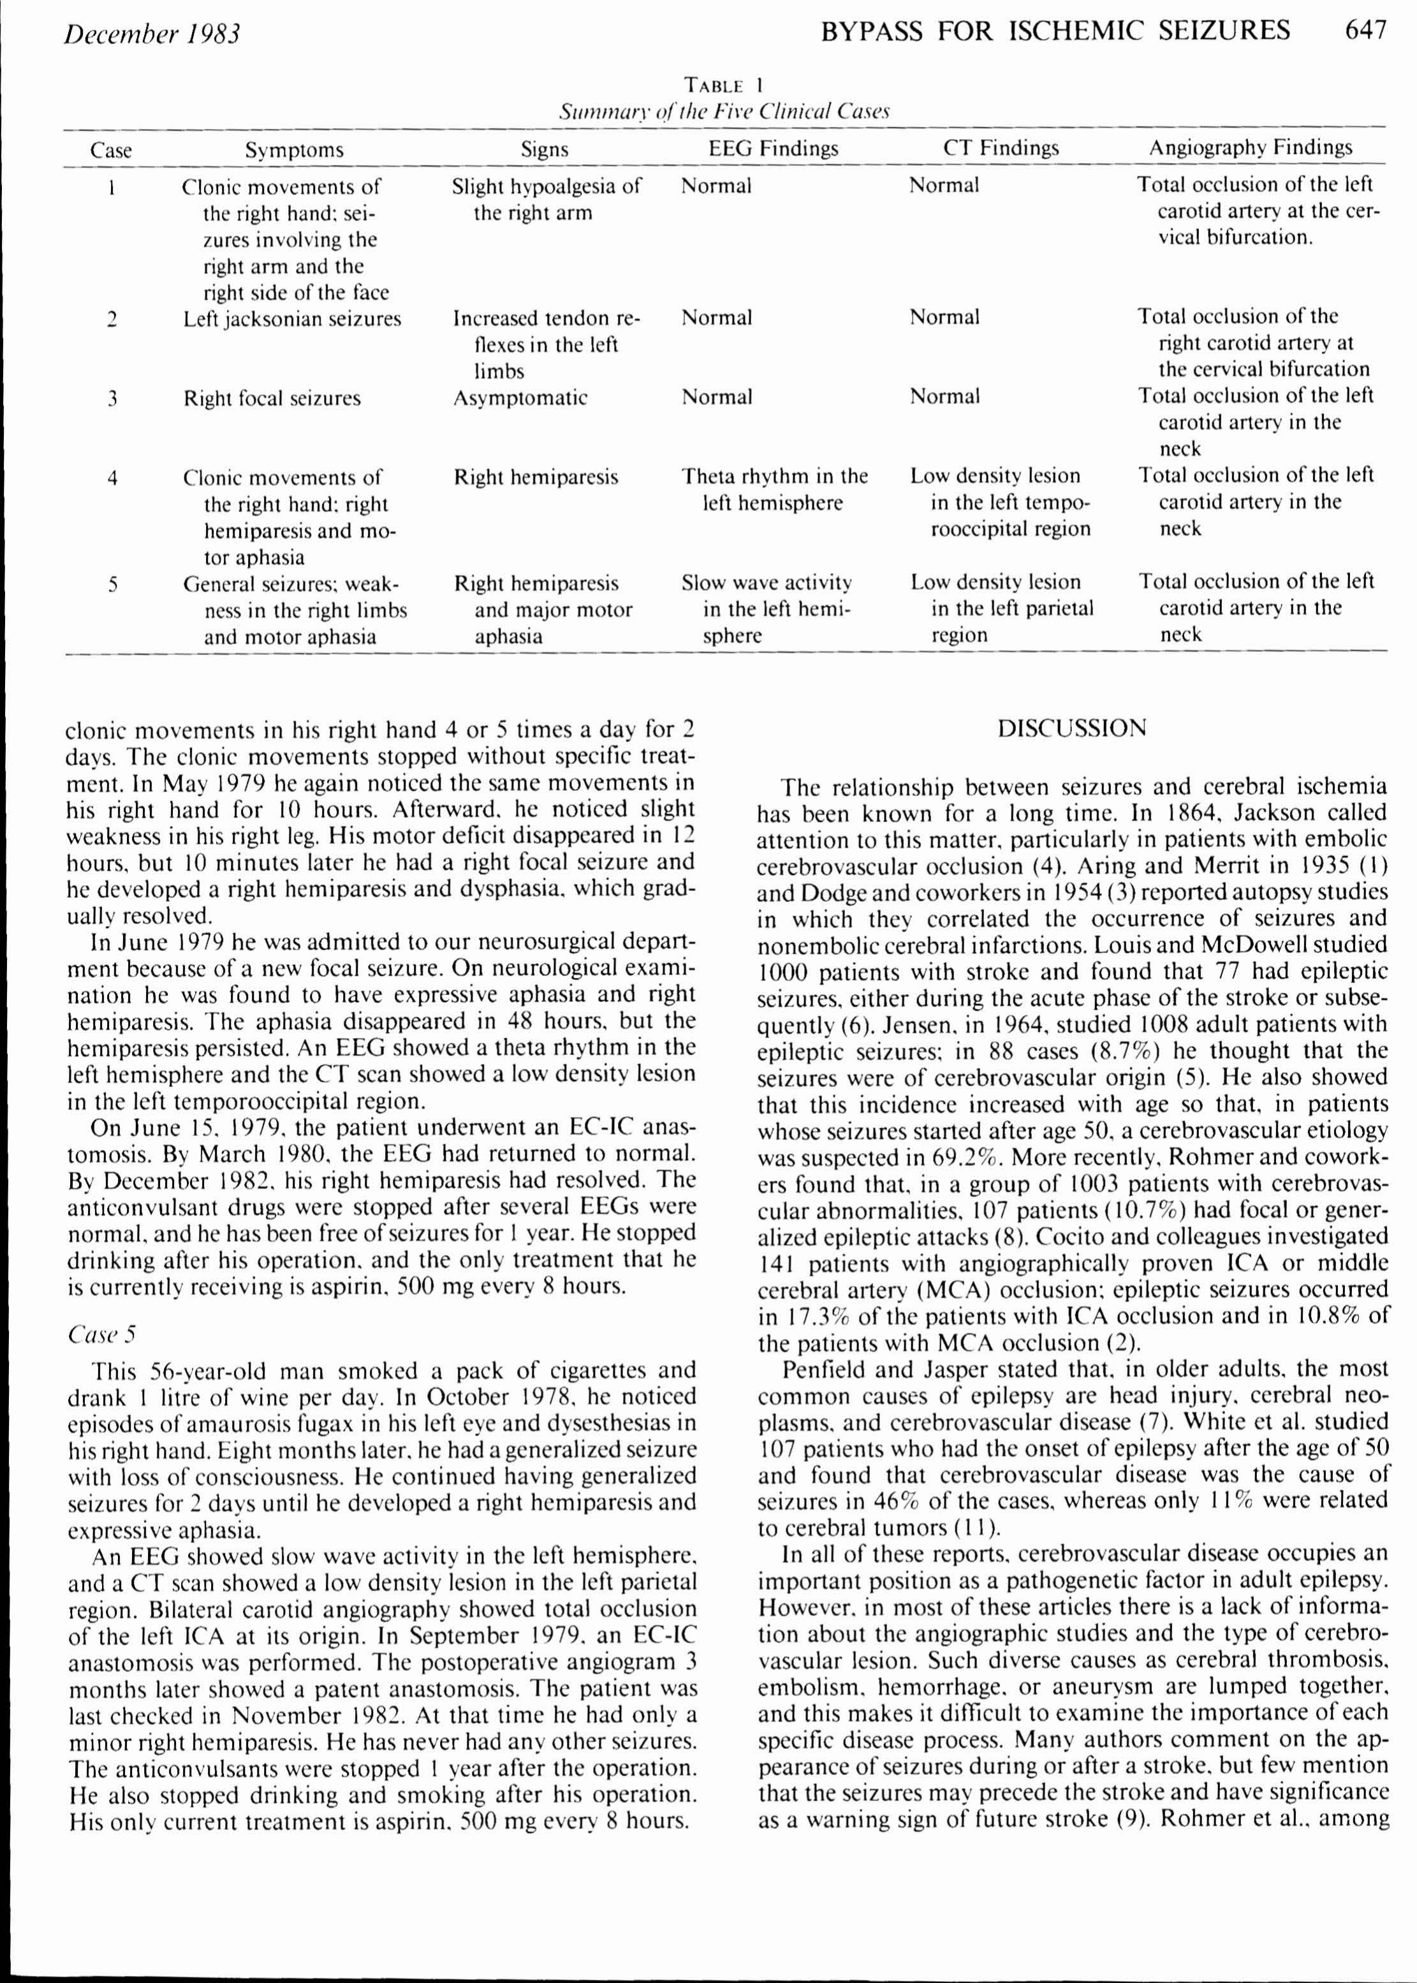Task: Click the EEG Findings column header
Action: point(773,149)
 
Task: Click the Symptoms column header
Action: point(294,150)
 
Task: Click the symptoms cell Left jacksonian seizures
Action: point(292,318)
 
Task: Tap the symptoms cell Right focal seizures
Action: point(272,399)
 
